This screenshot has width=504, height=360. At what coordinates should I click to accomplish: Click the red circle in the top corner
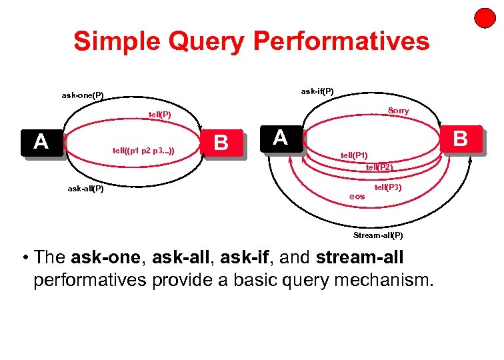pyautogui.click(x=485, y=18)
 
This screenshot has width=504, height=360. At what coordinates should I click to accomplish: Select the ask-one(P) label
pyautogui.click(x=83, y=95)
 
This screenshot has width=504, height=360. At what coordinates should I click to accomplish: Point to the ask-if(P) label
pyautogui.click(x=317, y=91)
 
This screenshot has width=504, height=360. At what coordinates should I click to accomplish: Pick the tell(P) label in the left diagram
pyautogui.click(x=160, y=115)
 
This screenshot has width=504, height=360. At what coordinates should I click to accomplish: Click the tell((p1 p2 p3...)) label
pyautogui.click(x=144, y=151)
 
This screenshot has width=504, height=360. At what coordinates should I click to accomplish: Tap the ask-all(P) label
pyautogui.click(x=85, y=189)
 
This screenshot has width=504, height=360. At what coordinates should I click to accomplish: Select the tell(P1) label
pyautogui.click(x=354, y=155)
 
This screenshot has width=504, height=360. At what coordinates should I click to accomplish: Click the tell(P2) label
pyautogui.click(x=379, y=167)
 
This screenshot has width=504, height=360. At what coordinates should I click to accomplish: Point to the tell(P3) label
pyautogui.click(x=387, y=188)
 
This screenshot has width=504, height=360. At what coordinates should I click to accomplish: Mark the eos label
pyautogui.click(x=357, y=197)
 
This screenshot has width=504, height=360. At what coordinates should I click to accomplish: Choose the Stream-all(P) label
pyautogui.click(x=378, y=235)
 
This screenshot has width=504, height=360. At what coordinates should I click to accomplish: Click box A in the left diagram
pyautogui.click(x=41, y=142)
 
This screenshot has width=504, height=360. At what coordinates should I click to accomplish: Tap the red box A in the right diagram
pyautogui.click(x=281, y=137)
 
